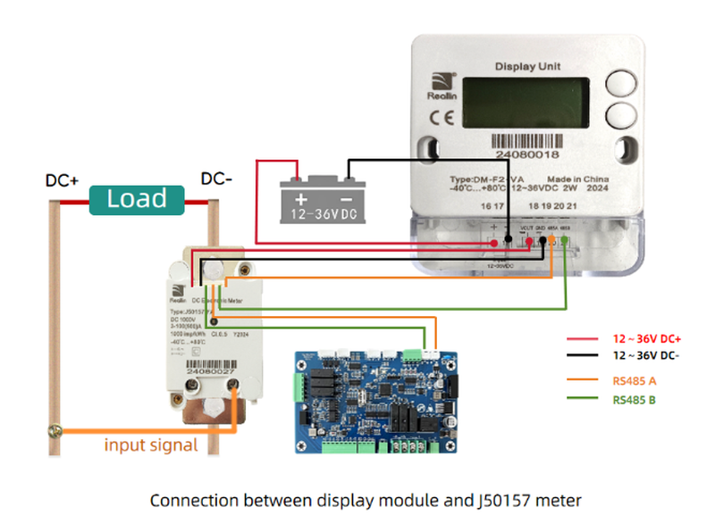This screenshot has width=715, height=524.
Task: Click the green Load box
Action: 136,199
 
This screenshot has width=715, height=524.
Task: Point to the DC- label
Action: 216,179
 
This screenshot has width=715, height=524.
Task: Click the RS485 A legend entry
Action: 635,381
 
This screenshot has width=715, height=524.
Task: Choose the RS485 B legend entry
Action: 635,400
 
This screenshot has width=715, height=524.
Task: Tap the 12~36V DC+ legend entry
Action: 646,339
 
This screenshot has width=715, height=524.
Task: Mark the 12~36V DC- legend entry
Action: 645,355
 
